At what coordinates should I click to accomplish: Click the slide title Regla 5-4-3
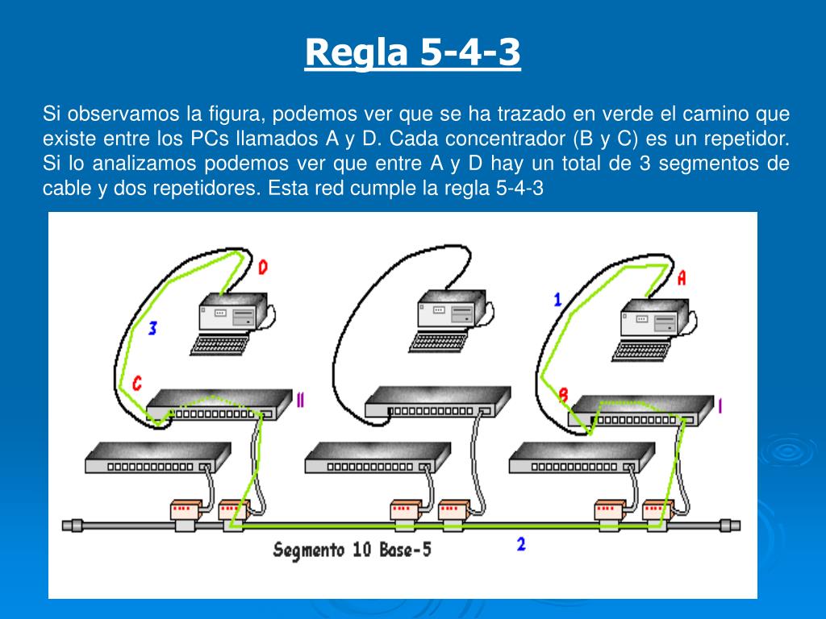tap(412, 53)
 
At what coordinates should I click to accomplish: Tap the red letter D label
tap(263, 267)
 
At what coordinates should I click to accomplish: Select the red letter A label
tap(682, 278)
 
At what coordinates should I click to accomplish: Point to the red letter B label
tap(563, 394)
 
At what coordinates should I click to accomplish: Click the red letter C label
tap(137, 383)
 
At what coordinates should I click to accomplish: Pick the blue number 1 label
tap(557, 300)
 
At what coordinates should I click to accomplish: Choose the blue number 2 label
tap(521, 544)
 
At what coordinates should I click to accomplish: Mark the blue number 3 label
tap(152, 327)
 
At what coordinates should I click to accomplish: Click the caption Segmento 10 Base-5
tap(352, 551)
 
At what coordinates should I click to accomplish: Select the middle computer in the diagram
tap(449, 310)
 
